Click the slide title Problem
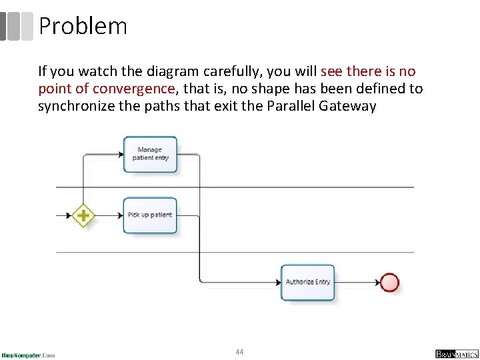83,26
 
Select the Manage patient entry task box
150,154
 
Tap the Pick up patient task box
150,215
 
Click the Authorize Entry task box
307,282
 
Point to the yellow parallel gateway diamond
83,215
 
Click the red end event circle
389,282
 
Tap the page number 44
239,351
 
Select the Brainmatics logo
456,353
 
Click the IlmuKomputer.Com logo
28,355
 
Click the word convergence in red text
133,89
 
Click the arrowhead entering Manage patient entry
120,154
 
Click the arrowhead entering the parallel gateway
70,215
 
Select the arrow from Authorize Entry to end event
357,282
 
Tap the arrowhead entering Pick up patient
120,215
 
